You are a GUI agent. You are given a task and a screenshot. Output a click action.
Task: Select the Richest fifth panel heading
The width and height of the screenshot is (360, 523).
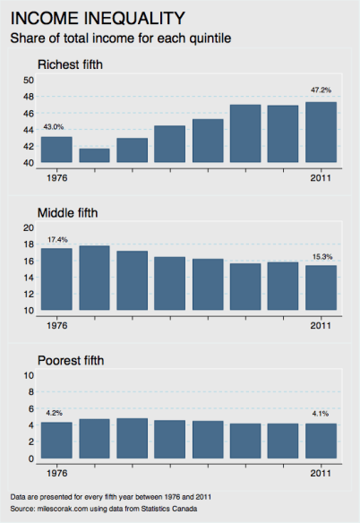coord(74,64)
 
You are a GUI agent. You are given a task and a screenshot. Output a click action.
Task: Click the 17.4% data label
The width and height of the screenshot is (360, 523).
coord(56,239)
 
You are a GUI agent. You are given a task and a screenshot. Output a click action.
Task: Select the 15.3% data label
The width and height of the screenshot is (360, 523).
coord(320,256)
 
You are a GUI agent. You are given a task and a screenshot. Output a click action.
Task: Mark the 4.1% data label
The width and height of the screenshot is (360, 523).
coord(320,414)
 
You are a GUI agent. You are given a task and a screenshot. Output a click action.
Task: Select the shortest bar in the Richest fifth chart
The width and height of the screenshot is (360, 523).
coord(95,156)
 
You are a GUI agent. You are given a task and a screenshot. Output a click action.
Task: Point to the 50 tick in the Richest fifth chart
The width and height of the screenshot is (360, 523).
coord(28,81)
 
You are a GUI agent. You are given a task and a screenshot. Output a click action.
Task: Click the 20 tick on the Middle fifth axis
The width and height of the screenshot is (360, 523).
coord(28,228)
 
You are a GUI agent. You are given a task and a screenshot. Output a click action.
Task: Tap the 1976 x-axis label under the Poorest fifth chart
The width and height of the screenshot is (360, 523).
coord(56,471)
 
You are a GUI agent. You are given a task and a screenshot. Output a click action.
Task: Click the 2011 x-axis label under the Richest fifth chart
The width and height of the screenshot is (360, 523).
coord(321,176)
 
